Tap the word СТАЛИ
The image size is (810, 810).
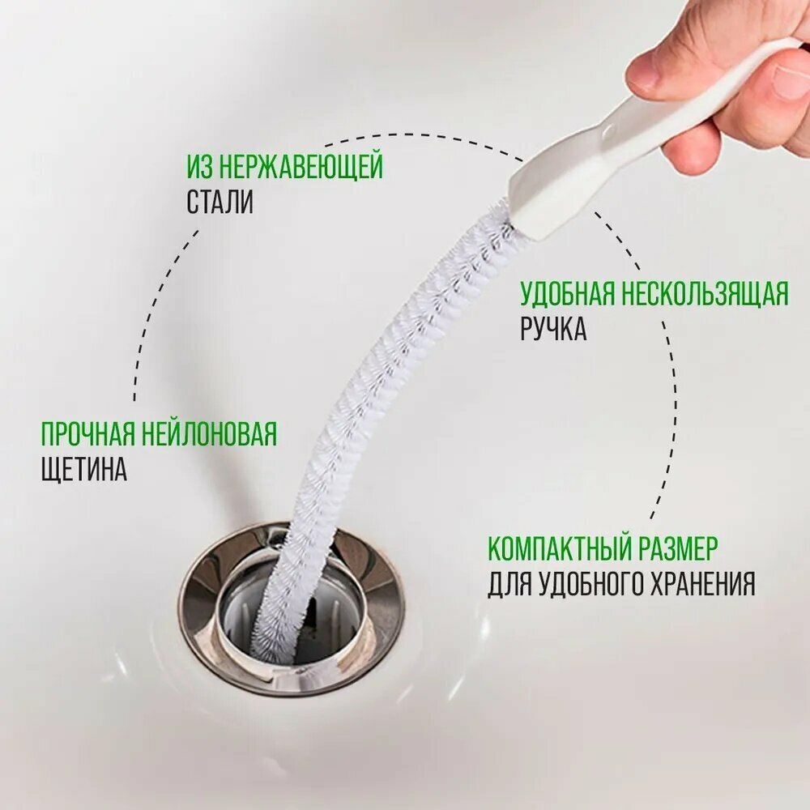click(220, 202)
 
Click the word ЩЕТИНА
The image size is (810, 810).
click(83, 469)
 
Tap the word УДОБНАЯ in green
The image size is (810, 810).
click(568, 293)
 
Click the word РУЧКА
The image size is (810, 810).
click(553, 329)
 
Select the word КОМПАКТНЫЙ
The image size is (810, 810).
click(560, 548)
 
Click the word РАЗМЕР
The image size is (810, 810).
click(678, 548)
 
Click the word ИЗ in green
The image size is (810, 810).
click(200, 166)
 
